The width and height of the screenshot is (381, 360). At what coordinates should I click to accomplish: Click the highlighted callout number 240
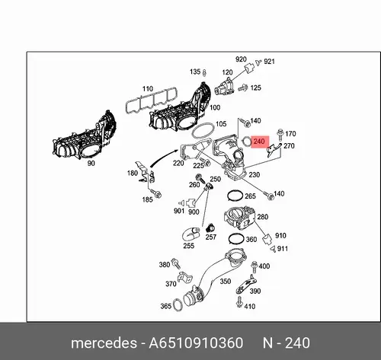(259, 141)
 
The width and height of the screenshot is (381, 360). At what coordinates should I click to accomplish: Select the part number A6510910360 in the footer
(196, 342)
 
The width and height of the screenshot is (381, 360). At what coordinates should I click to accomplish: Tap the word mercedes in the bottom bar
(104, 343)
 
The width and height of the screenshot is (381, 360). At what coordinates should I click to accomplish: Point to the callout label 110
(148, 89)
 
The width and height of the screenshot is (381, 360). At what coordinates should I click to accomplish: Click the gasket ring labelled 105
(203, 123)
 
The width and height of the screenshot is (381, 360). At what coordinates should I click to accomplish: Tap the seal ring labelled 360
(229, 239)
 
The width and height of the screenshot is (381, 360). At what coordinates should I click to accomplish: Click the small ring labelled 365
(174, 304)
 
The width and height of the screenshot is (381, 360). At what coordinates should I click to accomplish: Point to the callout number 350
(225, 282)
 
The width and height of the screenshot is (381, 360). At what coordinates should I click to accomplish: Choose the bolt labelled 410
(239, 301)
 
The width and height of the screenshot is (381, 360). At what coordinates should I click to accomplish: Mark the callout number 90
(91, 164)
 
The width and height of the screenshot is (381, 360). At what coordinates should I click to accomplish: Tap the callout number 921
(269, 62)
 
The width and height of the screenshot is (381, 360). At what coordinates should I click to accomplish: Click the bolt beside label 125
(243, 88)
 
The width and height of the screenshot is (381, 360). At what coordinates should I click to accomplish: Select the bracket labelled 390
(246, 285)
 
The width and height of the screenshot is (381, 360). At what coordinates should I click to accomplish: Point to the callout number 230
(255, 174)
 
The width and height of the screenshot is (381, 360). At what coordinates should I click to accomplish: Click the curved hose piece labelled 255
(190, 234)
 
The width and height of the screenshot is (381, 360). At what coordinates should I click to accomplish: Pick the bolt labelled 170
(280, 135)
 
